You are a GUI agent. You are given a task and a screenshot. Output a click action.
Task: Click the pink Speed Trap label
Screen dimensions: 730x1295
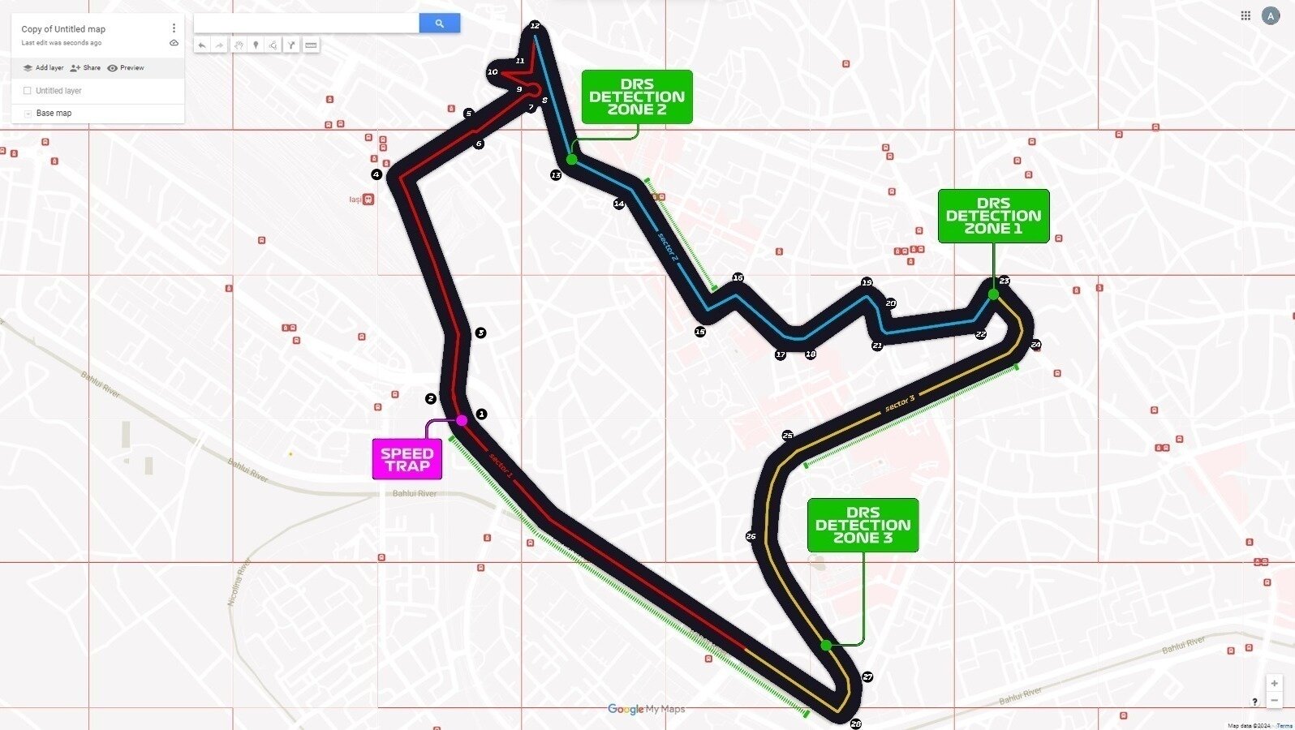407,459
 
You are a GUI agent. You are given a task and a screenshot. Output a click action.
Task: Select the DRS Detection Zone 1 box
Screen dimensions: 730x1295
993,216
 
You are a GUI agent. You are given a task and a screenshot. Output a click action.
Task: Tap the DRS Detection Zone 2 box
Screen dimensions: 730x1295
637,97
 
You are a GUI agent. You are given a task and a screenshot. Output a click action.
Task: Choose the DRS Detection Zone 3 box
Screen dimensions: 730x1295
863,525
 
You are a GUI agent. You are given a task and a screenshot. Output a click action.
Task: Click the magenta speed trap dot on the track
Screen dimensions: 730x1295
462,420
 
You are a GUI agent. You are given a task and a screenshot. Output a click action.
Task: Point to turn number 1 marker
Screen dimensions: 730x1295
481,414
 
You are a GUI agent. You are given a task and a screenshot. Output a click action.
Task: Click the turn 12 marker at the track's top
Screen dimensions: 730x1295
535,25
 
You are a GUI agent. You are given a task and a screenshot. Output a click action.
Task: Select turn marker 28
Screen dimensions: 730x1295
855,724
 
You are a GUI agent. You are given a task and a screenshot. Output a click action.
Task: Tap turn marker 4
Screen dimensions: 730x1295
376,174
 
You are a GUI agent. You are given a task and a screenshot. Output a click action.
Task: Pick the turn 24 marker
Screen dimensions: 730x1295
1035,345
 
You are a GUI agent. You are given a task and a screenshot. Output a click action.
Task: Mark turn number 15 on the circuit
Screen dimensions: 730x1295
700,331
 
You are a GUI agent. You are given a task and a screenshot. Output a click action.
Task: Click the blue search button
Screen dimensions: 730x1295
439,24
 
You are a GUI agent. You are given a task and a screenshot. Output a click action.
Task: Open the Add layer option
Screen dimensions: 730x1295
44,68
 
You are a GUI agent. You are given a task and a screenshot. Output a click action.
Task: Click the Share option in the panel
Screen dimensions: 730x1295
86,68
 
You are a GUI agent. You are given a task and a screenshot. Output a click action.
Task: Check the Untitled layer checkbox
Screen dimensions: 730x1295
28,91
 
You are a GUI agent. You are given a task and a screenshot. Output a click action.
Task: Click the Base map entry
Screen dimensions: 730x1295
54,114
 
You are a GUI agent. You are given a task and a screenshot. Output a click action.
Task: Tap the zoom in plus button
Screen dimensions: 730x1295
1274,683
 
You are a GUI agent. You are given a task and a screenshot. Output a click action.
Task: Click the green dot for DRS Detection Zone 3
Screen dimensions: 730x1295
826,645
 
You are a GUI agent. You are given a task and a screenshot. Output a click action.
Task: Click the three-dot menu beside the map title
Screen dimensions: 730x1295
174,28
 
